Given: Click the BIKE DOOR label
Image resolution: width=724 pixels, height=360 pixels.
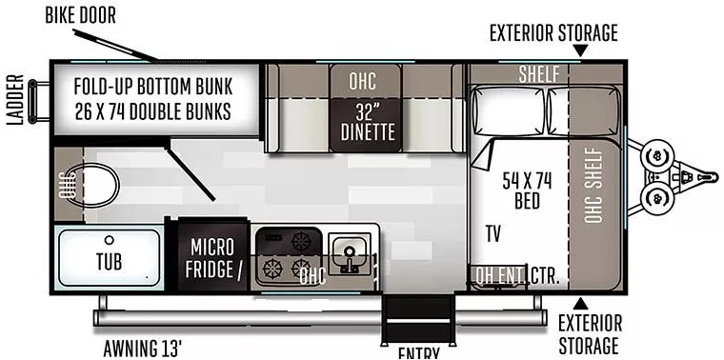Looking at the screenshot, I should click(x=92, y=16).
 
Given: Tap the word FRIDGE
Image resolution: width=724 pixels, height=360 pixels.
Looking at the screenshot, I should click(x=208, y=270).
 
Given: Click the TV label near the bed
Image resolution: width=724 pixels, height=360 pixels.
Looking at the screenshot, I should click(x=493, y=233).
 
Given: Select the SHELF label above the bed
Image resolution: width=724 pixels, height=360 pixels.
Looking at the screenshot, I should click(x=538, y=74).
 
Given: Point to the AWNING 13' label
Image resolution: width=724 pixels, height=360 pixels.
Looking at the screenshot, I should click(x=142, y=345).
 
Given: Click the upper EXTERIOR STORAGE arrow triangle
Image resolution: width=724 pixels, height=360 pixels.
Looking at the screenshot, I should click(x=579, y=51).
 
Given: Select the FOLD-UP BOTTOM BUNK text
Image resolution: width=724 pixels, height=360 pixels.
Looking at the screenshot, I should click(x=152, y=85).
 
